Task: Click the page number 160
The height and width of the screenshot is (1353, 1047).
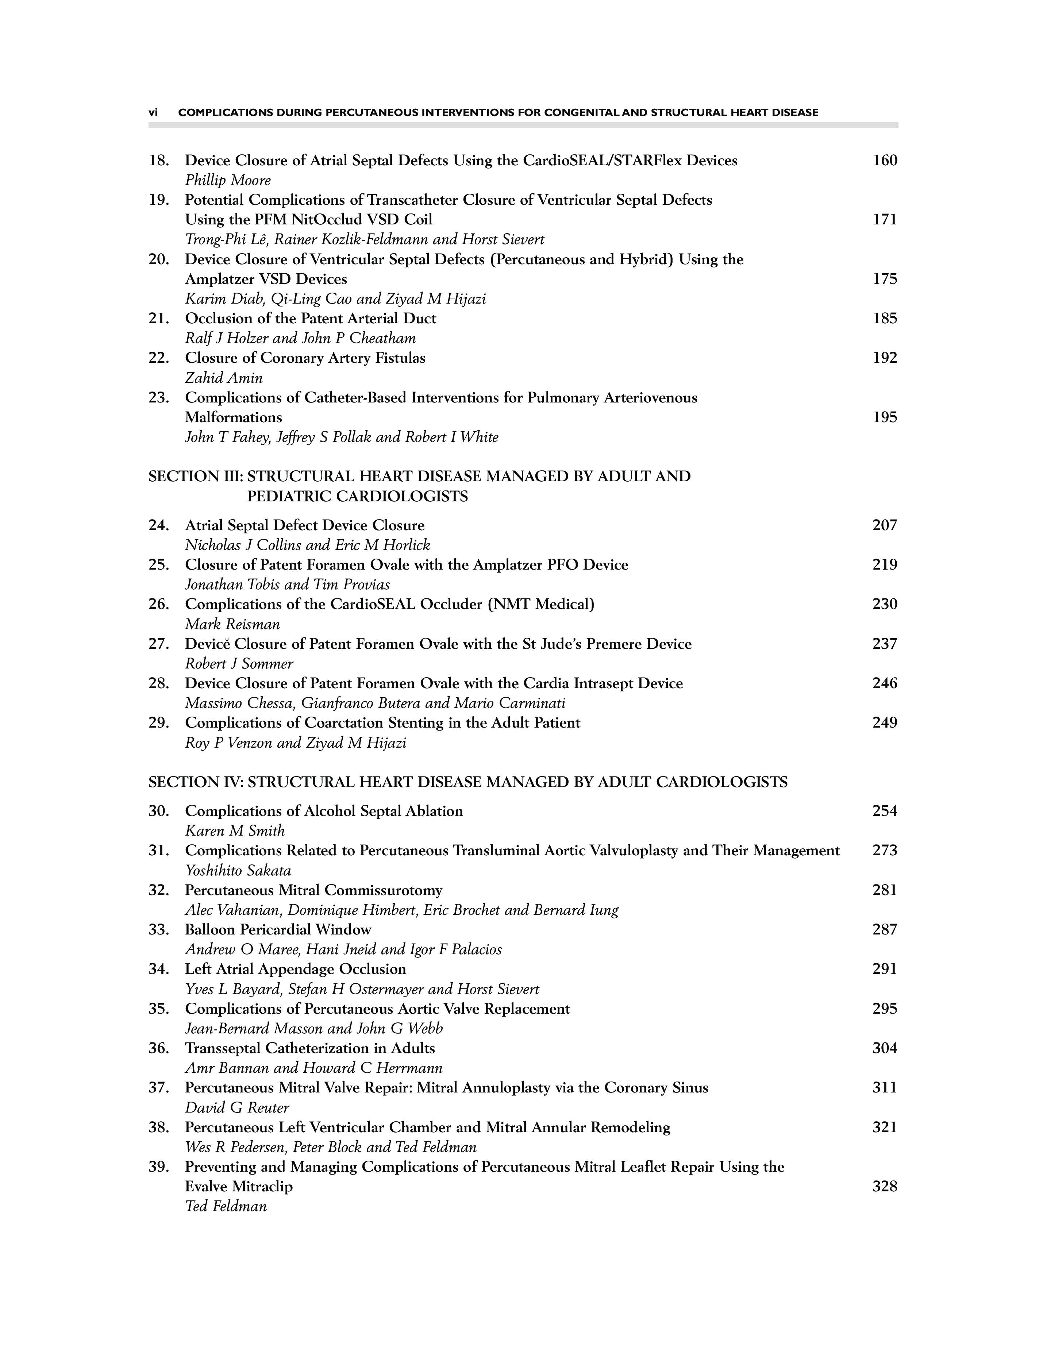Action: point(885,161)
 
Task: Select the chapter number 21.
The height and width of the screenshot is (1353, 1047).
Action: point(159,319)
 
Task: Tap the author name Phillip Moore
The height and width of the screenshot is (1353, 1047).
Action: point(228,180)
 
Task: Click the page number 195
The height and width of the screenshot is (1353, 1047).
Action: point(885,417)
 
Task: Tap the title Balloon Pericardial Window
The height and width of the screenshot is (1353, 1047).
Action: point(278,929)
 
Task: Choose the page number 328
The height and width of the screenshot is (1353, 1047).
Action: point(885,1186)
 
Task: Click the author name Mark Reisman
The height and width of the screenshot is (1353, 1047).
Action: point(232,624)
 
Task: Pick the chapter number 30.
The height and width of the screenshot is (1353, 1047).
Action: point(159,811)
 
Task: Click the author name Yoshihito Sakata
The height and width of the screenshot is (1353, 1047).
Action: point(238,870)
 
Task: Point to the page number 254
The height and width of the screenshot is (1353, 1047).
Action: point(885,811)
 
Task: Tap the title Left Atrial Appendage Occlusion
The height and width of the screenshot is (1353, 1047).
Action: point(296,969)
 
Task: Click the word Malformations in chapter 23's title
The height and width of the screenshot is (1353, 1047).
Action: point(234,417)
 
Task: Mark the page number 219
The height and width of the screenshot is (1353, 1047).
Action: point(885,564)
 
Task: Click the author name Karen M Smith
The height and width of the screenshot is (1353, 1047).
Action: point(235,831)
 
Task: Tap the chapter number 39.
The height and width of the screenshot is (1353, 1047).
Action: point(159,1167)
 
